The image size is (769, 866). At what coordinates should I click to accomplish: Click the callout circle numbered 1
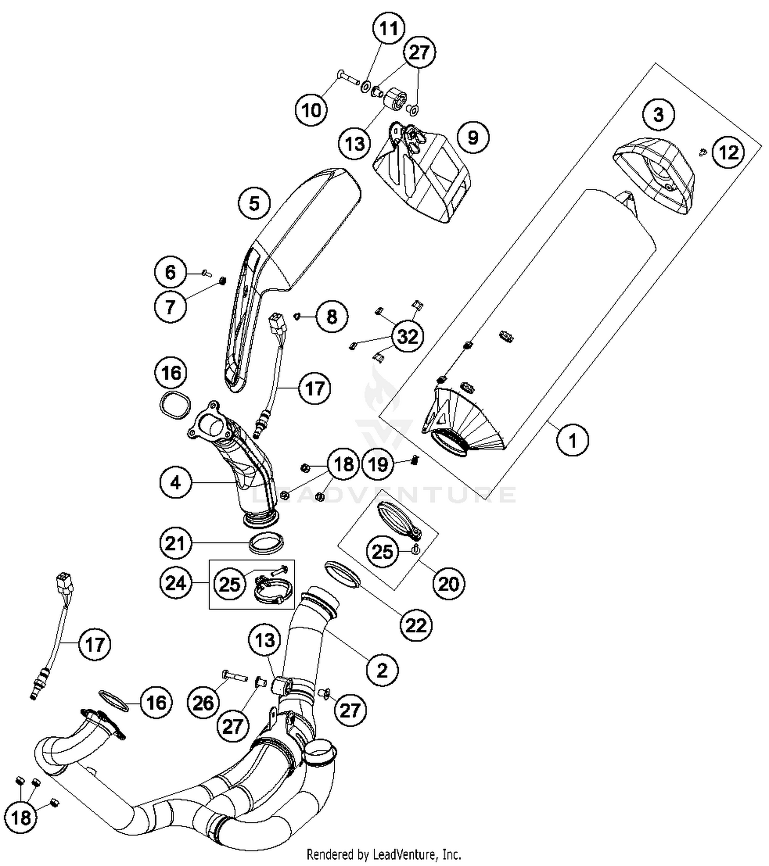click(573, 439)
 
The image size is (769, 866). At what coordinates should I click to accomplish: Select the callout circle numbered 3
click(658, 114)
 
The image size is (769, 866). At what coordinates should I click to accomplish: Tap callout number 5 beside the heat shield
click(254, 204)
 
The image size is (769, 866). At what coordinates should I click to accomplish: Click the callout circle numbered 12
click(728, 152)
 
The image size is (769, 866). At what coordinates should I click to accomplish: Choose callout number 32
click(408, 336)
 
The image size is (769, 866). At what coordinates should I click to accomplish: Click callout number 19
click(378, 464)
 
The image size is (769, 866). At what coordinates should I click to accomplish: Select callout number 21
click(175, 542)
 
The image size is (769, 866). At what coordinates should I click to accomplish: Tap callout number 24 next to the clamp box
click(175, 583)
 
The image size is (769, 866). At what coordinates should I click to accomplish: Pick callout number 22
click(416, 625)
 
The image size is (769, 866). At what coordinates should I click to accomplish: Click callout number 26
click(203, 703)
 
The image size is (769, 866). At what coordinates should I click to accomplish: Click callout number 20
click(449, 583)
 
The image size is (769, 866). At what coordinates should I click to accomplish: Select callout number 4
click(175, 482)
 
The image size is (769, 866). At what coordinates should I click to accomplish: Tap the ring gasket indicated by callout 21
click(266, 542)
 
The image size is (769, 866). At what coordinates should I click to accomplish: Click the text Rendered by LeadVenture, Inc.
click(384, 854)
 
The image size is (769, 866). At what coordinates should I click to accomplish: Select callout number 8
click(332, 316)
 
